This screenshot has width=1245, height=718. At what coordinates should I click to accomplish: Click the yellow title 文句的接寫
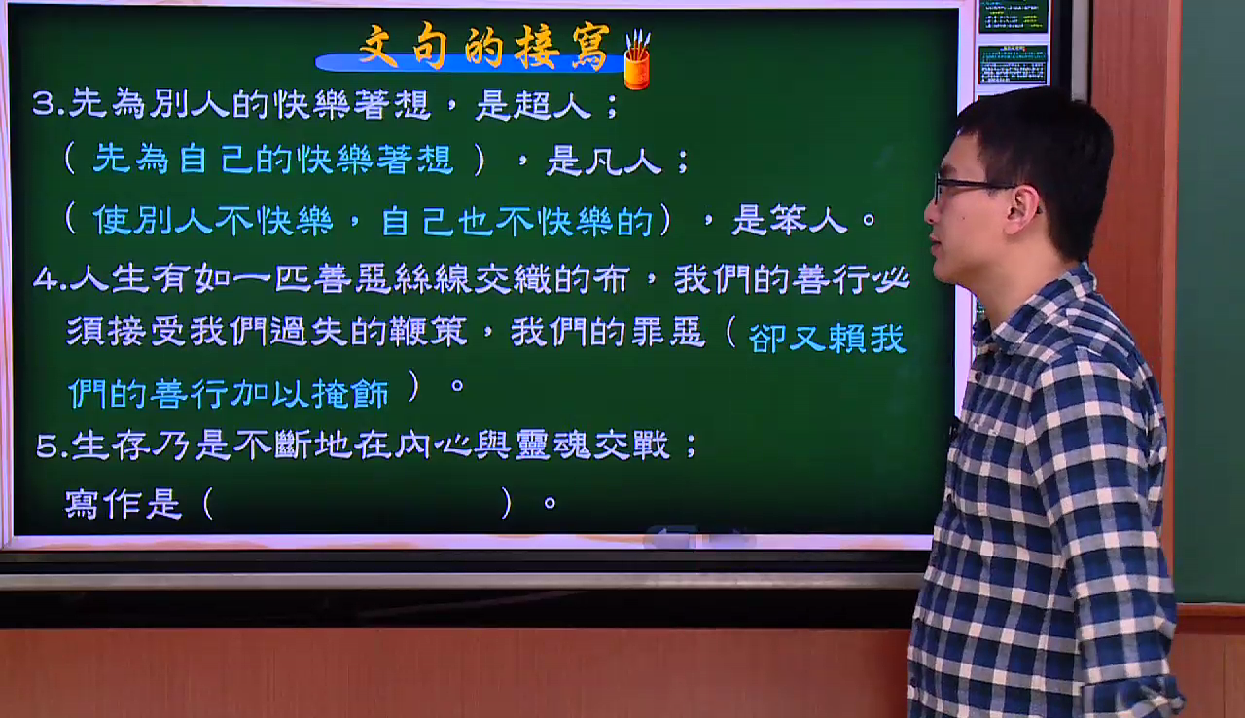click(484, 48)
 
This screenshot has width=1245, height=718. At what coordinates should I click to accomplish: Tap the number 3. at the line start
click(49, 103)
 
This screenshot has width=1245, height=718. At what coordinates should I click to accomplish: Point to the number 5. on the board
click(52, 447)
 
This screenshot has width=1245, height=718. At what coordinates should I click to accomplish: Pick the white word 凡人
click(604, 162)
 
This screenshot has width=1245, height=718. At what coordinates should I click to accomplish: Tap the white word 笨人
click(789, 220)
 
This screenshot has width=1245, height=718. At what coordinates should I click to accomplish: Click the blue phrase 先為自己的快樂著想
click(272, 160)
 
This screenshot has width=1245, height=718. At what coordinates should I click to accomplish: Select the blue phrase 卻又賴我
click(827, 339)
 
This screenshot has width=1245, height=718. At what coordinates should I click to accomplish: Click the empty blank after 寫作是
click(357, 504)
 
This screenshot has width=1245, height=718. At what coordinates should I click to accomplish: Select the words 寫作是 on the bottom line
click(124, 504)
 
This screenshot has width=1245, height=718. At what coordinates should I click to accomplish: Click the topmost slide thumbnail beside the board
click(1013, 17)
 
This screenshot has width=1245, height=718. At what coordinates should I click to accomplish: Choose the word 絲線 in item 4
click(432, 279)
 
